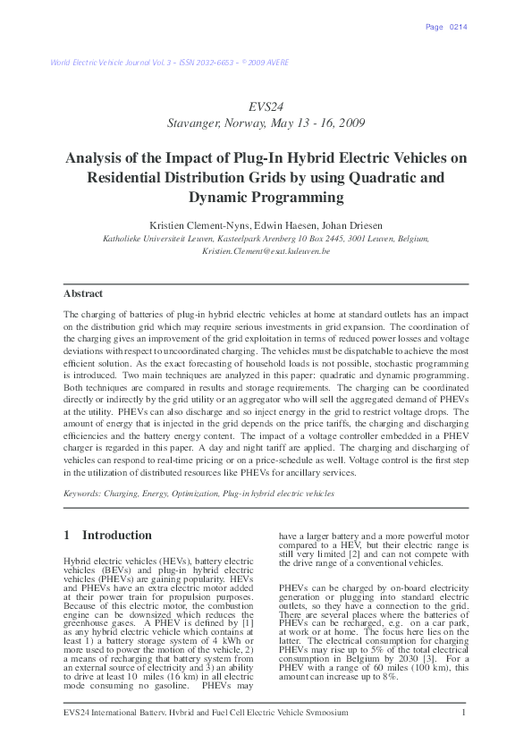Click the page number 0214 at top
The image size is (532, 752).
pos(459,27)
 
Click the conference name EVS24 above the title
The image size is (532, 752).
pos(266,106)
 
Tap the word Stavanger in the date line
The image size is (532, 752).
pos(197,123)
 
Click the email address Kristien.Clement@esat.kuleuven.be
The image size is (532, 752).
pos(266,251)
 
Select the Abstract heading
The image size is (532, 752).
pos(83,293)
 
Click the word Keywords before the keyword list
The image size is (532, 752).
pos(81,493)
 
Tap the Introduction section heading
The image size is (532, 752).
pos(117,535)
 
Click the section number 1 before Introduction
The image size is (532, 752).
pos(67,535)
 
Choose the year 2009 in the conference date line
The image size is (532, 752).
pos(348,123)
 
